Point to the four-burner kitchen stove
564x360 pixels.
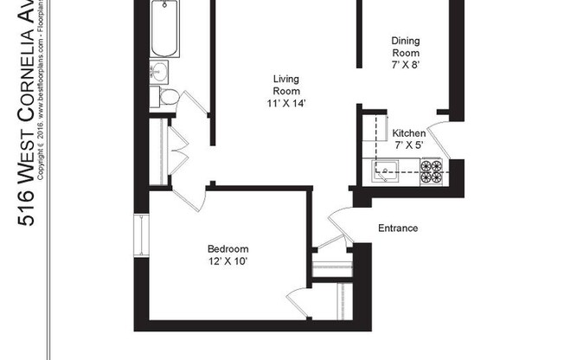tap(431, 171)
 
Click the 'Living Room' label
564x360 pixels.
tap(286, 84)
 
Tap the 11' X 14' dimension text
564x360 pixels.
tap(286, 103)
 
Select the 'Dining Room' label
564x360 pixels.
tap(406, 46)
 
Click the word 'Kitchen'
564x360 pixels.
tap(408, 133)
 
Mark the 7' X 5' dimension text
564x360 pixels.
tap(408, 145)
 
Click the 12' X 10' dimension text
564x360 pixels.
tap(228, 260)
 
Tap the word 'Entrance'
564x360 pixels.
tap(398, 228)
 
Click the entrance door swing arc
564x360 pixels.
tap(339, 222)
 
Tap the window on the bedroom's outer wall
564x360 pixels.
tap(138, 235)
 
